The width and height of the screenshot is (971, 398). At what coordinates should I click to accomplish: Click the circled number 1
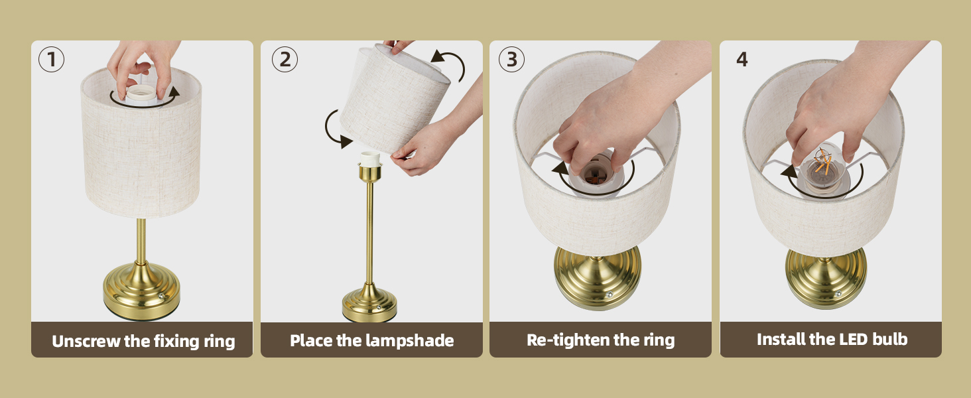[x=51, y=60]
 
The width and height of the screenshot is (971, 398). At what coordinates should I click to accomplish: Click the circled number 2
[x=285, y=60]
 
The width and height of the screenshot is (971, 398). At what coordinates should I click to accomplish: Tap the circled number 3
[x=511, y=60]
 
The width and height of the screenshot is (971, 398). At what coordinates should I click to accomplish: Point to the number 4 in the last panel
[x=742, y=60]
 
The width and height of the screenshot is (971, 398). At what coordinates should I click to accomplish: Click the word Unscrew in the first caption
[x=86, y=341]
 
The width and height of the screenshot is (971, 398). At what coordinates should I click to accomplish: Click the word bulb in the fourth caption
[x=890, y=339]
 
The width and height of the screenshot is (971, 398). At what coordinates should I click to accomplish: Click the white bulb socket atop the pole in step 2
[x=369, y=159]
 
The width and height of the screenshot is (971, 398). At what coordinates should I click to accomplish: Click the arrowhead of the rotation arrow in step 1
[x=174, y=92]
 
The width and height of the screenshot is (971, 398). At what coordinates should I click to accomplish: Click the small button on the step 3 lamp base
[x=609, y=295]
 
